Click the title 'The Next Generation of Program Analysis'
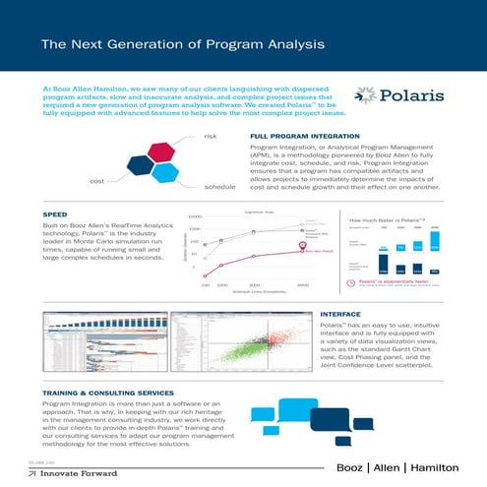178,44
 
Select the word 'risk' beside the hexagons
210,138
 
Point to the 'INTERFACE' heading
339,313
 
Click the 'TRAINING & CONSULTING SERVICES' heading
105,392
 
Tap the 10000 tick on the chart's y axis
194,215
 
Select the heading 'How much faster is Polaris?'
394,221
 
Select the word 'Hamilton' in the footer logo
443,465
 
